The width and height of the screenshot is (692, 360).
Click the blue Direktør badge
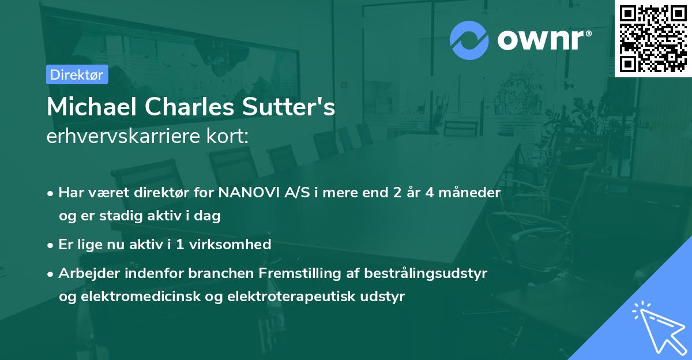(77, 74)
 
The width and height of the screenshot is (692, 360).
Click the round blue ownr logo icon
(469, 40)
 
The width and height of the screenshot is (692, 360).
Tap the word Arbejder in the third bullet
(85, 273)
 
